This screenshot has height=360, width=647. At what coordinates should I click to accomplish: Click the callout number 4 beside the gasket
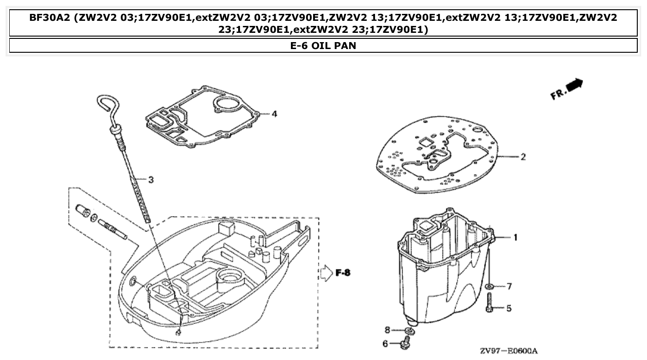tap(274, 113)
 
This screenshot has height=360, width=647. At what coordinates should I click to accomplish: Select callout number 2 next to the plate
tap(523, 157)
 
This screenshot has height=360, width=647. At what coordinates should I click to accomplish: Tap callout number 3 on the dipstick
tap(150, 180)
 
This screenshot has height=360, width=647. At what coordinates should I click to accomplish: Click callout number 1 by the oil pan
tap(515, 237)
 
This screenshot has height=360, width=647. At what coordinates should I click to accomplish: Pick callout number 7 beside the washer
tap(509, 287)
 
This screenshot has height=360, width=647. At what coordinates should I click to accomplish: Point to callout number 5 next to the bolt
tap(509, 308)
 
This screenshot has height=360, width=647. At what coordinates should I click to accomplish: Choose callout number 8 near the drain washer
tap(388, 330)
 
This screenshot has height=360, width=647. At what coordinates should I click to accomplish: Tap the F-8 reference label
tap(343, 273)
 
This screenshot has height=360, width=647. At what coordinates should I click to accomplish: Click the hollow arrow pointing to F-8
tap(327, 273)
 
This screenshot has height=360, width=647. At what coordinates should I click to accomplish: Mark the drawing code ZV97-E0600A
tap(509, 351)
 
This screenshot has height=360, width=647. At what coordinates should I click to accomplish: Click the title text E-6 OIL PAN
tap(323, 46)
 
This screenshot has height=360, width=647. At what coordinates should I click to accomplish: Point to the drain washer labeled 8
tap(408, 331)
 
